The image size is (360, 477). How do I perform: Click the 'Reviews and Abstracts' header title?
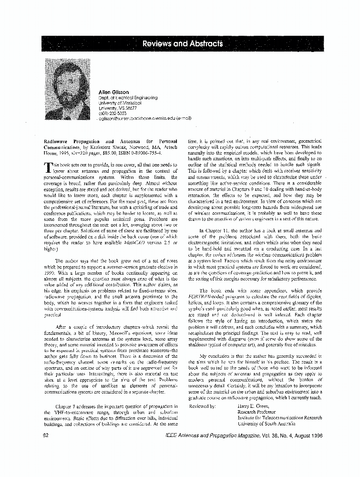(183, 44)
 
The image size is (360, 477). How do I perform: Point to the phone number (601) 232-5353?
(113, 113)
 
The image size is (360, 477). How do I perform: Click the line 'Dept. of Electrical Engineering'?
(127, 97)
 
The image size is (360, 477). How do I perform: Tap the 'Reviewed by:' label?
(203, 406)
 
